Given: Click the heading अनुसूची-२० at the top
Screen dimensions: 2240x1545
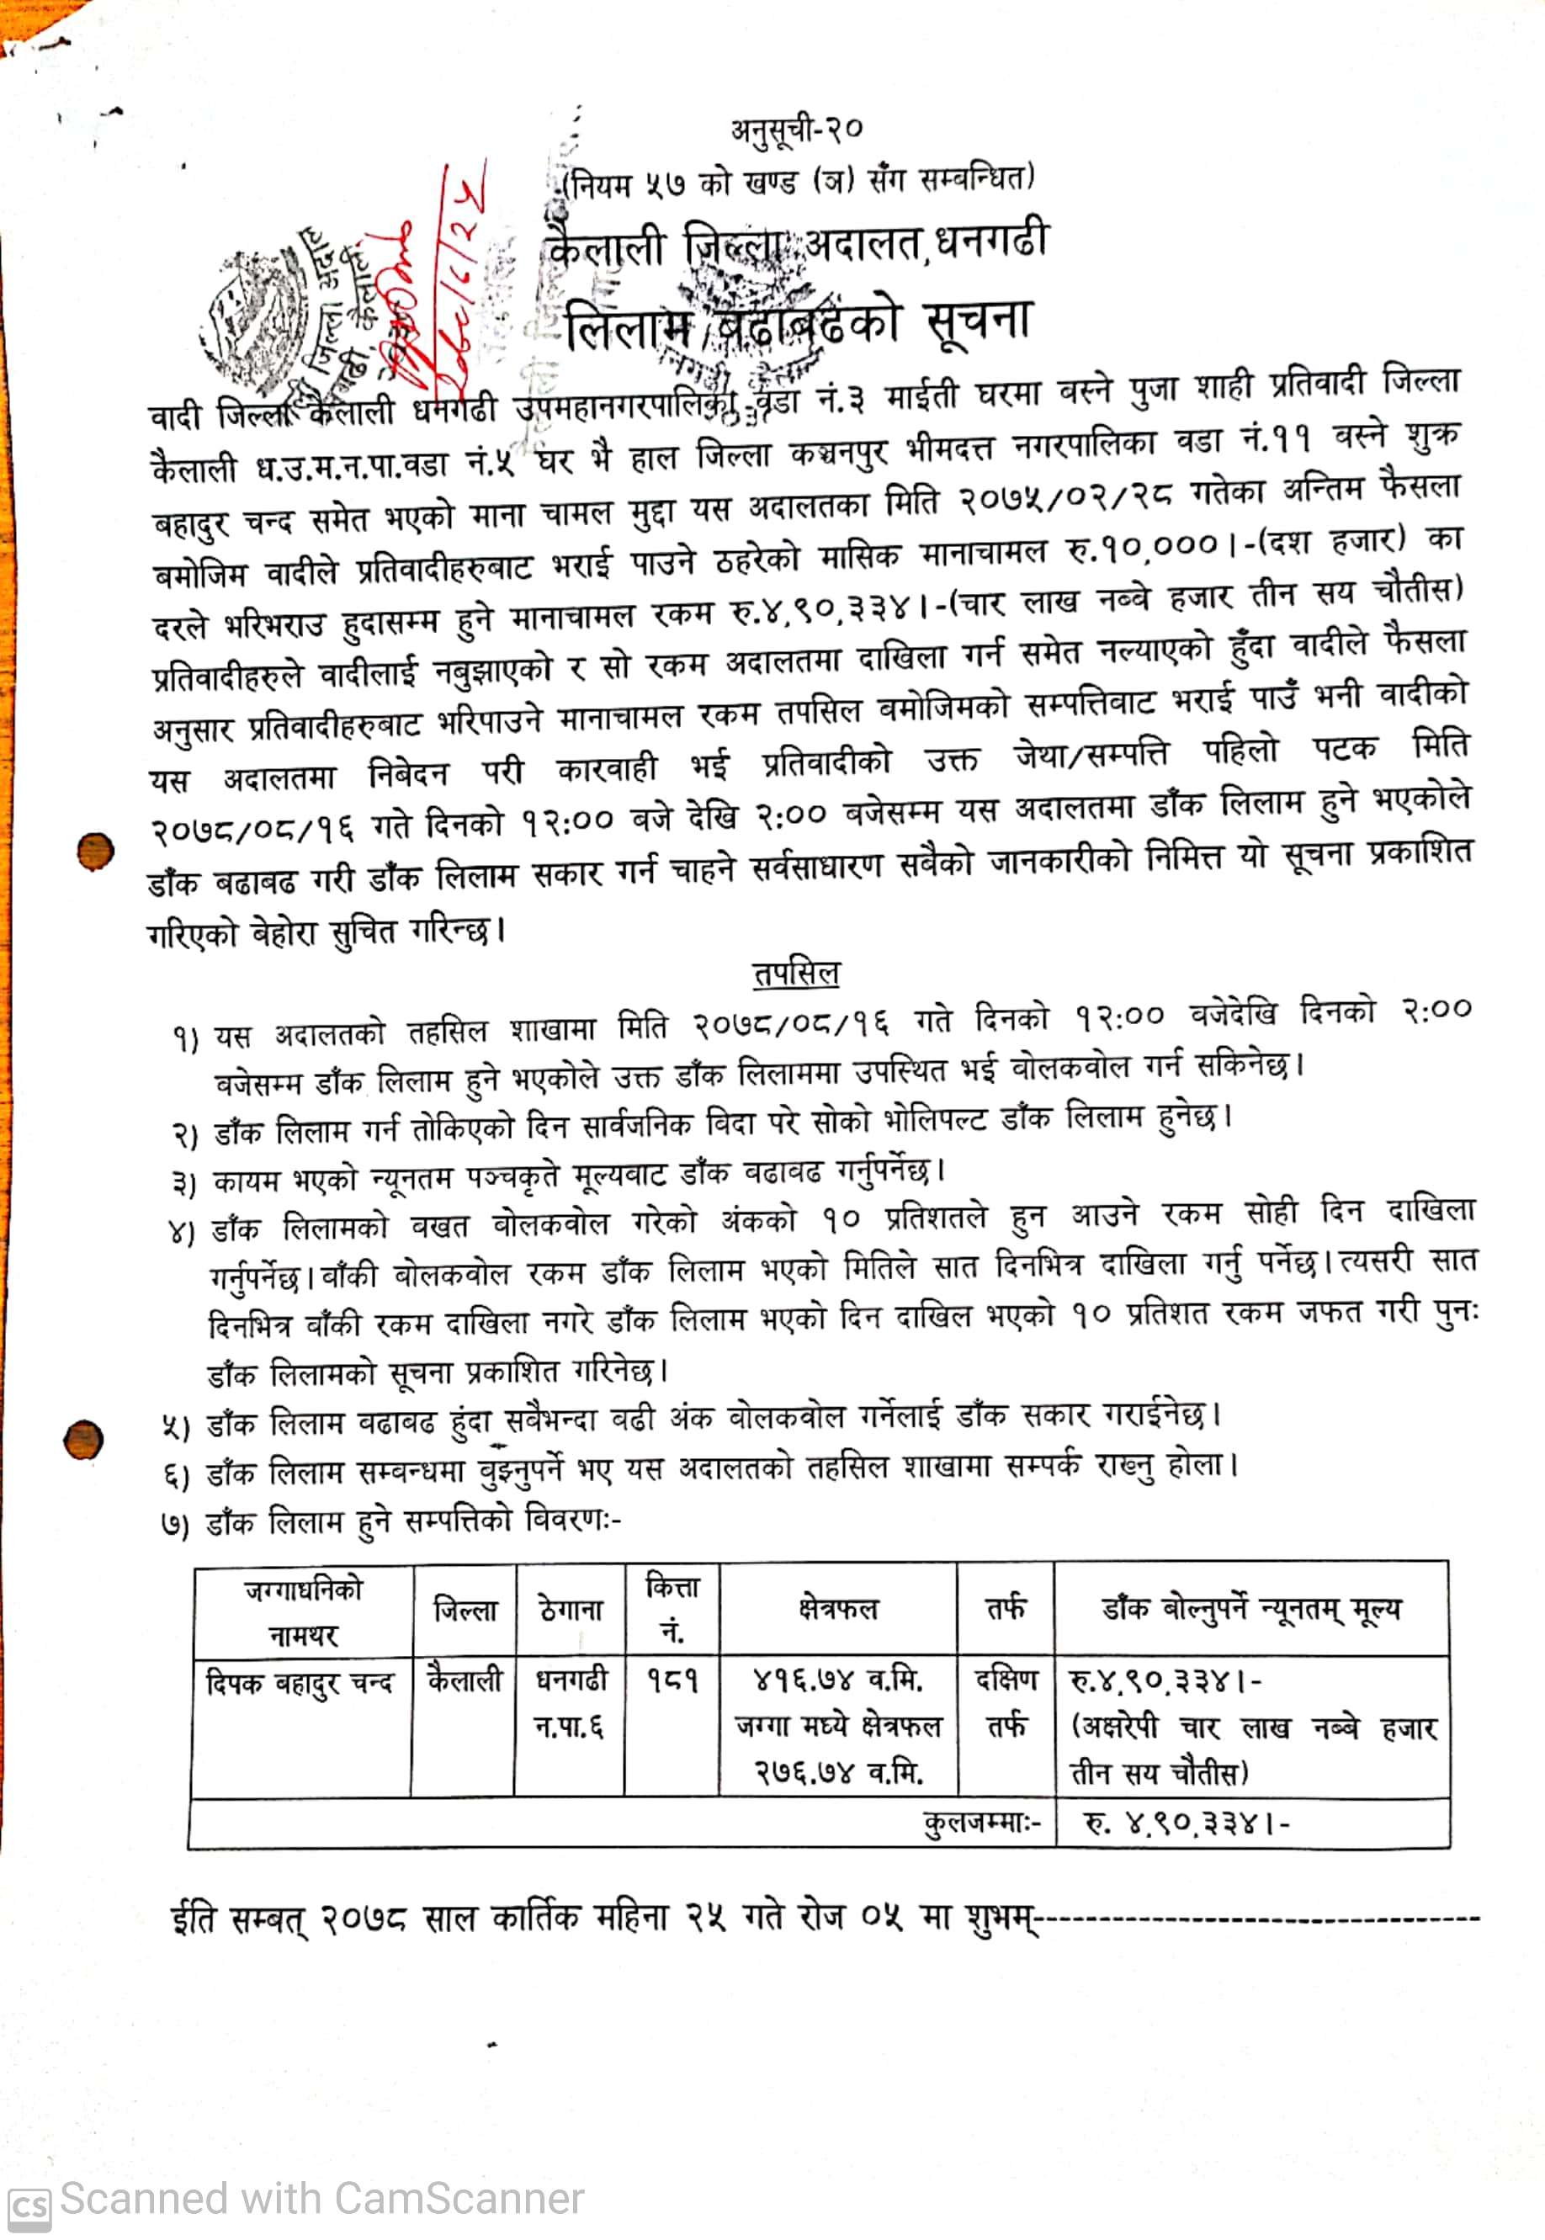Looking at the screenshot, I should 796,129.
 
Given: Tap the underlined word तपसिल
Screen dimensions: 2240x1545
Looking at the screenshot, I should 796,973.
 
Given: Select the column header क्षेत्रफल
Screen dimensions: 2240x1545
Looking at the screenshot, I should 837,1609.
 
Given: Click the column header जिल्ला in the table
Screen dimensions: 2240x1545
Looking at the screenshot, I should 465,1610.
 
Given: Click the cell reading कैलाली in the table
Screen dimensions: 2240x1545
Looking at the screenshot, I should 465,1680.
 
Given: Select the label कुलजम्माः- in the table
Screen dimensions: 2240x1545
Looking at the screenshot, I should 981,1823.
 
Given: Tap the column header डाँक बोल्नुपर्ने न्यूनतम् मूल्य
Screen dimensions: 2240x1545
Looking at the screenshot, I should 1250,1609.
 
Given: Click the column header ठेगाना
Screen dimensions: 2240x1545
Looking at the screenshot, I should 571,1610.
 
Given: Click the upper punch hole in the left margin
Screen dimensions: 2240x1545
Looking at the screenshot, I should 95,851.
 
